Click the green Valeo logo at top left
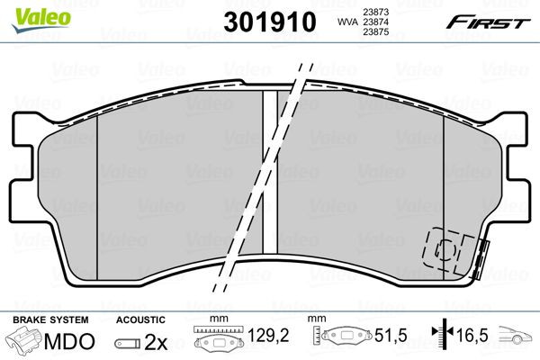(41, 20)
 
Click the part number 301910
(270, 22)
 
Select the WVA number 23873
(375, 12)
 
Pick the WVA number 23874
(375, 22)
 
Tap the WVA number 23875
(375, 31)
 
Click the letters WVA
(348, 22)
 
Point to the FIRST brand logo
(488, 22)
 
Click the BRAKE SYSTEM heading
(50, 319)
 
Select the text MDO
(69, 341)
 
